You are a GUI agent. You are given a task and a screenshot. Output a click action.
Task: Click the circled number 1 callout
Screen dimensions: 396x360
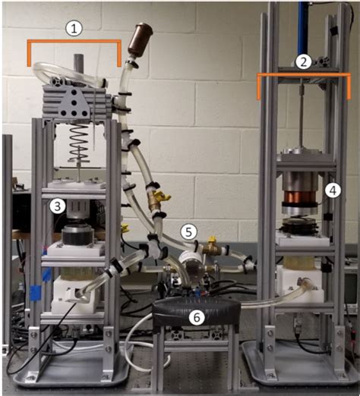click(74, 29)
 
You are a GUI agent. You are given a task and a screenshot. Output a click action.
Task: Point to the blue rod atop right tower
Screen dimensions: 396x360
click(304, 23)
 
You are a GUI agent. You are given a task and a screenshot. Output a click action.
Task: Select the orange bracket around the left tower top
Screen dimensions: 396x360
click(74, 44)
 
